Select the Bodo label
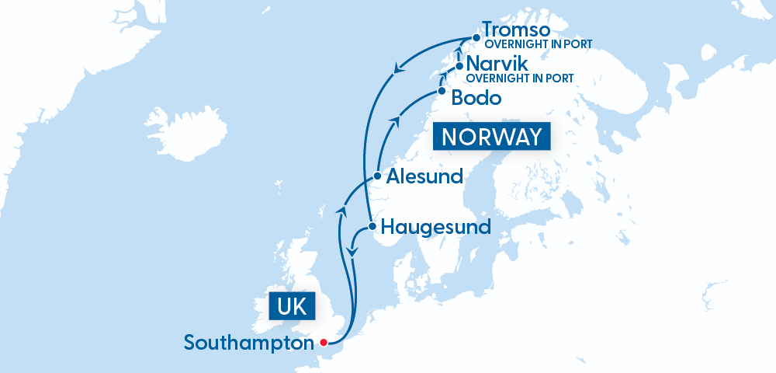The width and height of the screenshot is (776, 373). [476, 98]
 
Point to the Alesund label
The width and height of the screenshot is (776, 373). [425, 176]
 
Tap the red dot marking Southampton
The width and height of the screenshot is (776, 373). [324, 342]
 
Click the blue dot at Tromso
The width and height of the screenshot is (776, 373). [476, 37]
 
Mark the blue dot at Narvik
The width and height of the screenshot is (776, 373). [459, 67]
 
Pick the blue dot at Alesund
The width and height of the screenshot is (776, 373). [377, 176]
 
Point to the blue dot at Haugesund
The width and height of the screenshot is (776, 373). [372, 227]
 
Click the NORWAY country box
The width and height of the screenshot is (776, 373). [492, 137]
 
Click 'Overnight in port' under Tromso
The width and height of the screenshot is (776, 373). [538, 44]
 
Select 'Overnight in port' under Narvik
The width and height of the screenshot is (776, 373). [520, 78]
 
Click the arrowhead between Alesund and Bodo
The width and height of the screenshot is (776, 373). [396, 120]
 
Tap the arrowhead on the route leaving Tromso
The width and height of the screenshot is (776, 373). [398, 71]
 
